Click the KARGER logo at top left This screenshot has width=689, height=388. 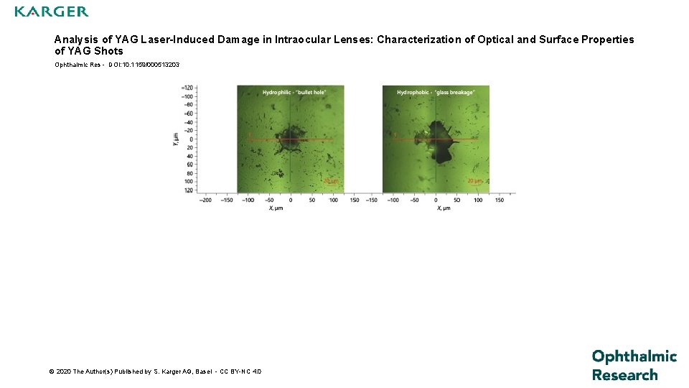tap(52, 11)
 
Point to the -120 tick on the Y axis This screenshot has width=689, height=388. tap(189, 88)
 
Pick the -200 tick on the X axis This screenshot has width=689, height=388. tap(206, 200)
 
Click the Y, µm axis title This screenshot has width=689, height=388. tap(175, 139)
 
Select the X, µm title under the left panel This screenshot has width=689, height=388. tap(276, 208)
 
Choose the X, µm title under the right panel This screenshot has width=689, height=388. tap(444, 208)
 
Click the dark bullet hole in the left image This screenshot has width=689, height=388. tap(291, 136)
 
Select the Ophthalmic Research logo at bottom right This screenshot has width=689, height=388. tap(634, 365)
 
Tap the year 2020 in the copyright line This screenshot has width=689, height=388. tap(63, 371)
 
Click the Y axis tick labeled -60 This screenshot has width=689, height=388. tap(189, 113)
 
